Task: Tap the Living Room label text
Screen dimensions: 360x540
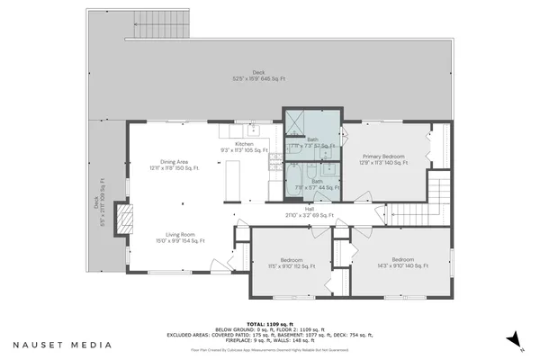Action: coord(174,238)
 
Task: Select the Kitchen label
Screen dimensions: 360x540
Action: coord(244,147)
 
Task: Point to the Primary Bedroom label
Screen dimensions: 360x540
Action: coord(382,159)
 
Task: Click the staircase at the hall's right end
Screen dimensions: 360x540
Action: coord(438,191)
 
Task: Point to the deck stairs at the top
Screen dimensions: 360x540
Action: coord(157,31)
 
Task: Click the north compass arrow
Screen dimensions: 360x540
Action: coord(511,338)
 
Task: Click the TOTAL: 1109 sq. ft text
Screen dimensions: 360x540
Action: coord(269,322)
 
